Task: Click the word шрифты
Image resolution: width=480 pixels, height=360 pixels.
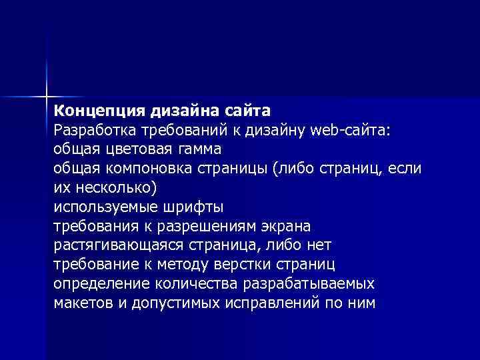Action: pyautogui.click(x=187, y=206)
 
